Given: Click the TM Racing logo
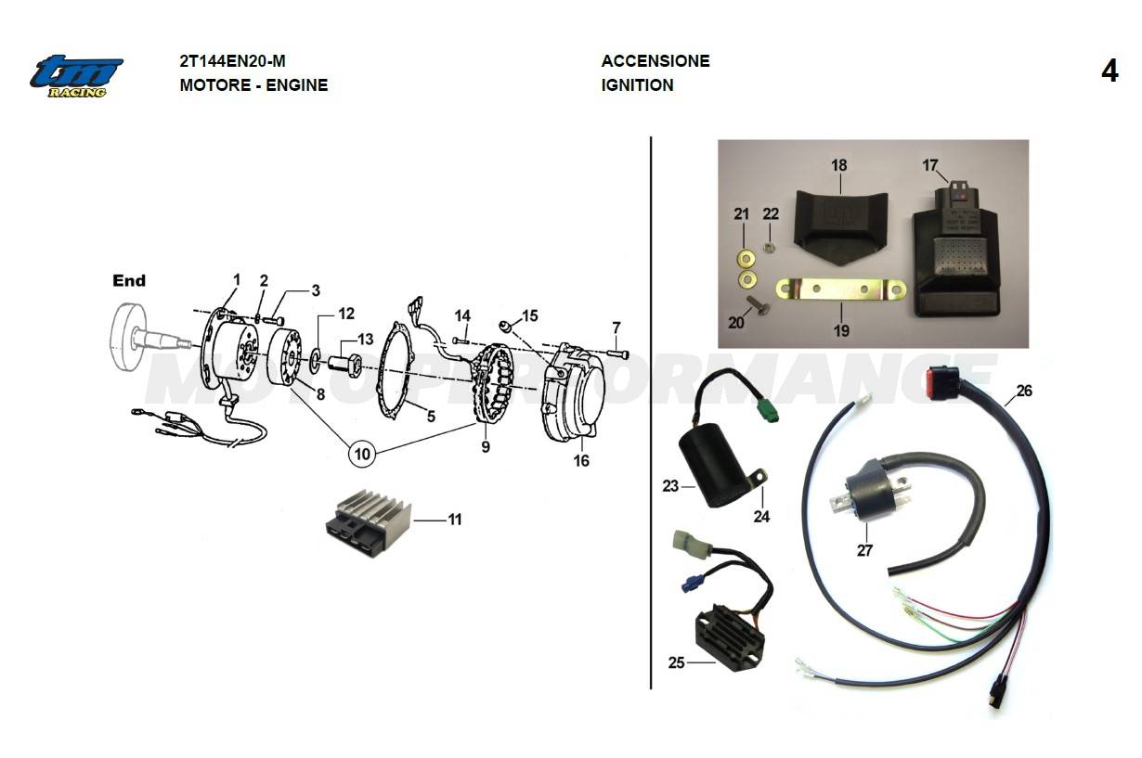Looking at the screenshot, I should [x=76, y=75].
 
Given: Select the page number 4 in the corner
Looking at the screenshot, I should [x=1110, y=71].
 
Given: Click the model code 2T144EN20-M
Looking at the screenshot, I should [x=232, y=61].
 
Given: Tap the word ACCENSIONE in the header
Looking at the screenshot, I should [x=655, y=61].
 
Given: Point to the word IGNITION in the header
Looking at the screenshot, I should [x=637, y=85].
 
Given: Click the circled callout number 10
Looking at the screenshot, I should [x=363, y=454].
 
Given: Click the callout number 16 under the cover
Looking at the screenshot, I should [x=581, y=460].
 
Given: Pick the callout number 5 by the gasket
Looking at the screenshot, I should [x=431, y=417].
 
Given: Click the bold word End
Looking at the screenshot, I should [x=129, y=280].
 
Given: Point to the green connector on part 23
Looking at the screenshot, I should [x=765, y=410].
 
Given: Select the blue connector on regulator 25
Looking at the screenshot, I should [x=689, y=584].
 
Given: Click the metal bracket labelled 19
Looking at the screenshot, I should [x=840, y=290].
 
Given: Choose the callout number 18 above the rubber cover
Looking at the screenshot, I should [x=839, y=165].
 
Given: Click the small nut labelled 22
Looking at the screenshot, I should [x=770, y=246].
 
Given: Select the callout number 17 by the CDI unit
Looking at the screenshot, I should [x=930, y=165].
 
